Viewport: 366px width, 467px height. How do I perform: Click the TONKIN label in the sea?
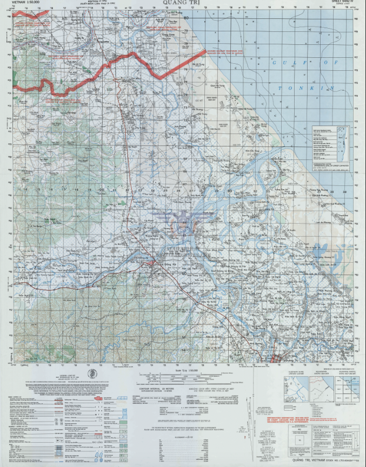[295, 88]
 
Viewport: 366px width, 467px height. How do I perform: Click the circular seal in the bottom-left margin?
[93, 376]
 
